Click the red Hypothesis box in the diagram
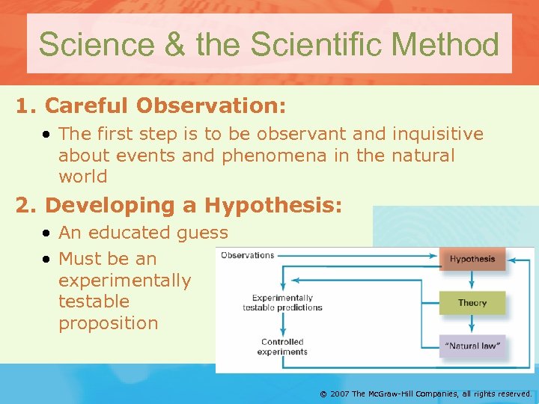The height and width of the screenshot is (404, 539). tap(472, 260)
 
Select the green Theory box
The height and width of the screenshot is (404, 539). tap(472, 303)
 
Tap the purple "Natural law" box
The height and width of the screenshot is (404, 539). tap(472, 346)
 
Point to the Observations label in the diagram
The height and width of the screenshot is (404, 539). tap(248, 255)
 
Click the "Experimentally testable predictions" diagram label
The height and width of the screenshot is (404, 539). tap(282, 303)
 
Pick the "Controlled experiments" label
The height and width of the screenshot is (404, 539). tap(282, 346)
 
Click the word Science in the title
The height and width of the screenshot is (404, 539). tap(96, 44)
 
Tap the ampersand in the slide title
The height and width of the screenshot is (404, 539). tap(174, 44)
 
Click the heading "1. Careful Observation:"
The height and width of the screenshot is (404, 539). tap(151, 106)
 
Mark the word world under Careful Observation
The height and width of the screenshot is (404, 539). tap(83, 177)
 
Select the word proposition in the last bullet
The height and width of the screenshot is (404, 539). tap(109, 323)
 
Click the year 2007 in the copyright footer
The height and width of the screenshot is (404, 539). tap(338, 393)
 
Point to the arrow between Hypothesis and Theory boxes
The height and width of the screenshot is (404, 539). tap(472, 281)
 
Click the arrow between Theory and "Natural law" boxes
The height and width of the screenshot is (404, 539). tap(472, 324)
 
